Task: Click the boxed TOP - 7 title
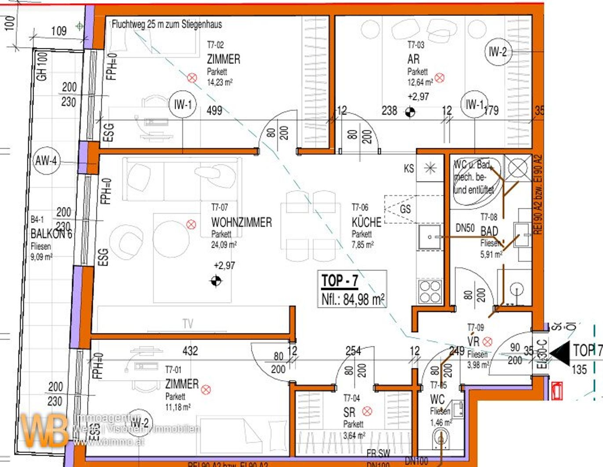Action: [339, 281]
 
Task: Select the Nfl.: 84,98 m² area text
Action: [353, 300]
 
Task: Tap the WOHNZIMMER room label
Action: [241, 222]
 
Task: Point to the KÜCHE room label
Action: [366, 222]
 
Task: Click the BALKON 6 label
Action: [51, 233]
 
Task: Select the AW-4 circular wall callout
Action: [46, 161]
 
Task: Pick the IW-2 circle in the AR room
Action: [498, 52]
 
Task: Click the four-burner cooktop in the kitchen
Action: [430, 292]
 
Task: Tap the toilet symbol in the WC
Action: [440, 439]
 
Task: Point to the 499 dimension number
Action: [214, 111]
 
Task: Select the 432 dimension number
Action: [190, 351]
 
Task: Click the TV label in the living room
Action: [188, 324]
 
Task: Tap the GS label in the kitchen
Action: [405, 209]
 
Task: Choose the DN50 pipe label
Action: [465, 228]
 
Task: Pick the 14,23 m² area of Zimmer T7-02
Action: [220, 82]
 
